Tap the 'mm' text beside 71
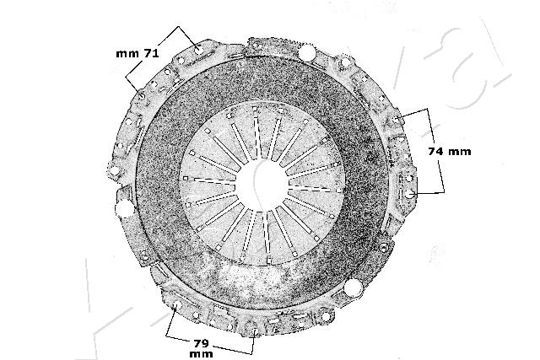[126, 53]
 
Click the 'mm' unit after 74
[461, 152]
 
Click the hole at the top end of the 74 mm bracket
[397, 119]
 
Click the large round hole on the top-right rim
[308, 56]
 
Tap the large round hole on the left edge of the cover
[124, 209]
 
